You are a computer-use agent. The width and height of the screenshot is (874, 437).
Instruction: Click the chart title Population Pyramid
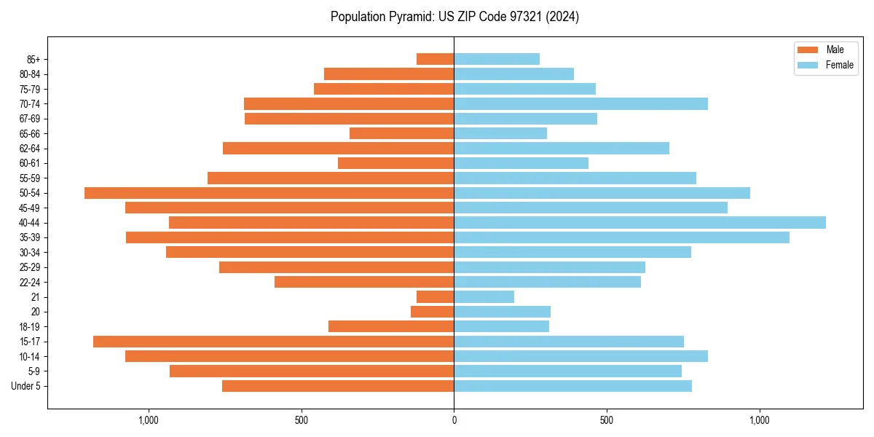tap(454, 17)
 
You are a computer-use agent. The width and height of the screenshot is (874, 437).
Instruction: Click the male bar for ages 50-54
tap(269, 193)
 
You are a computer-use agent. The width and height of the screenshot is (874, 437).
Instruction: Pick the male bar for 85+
tap(435, 59)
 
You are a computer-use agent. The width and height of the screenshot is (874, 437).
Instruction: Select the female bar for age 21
tap(484, 297)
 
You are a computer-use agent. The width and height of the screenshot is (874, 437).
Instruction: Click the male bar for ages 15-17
tap(273, 342)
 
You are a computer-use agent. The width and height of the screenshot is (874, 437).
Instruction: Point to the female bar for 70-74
tap(580, 104)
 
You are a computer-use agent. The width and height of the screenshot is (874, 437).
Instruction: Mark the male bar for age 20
tap(432, 312)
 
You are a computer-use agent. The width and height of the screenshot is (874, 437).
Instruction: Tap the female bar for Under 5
tap(572, 386)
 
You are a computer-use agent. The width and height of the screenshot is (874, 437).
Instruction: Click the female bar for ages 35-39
tap(621, 237)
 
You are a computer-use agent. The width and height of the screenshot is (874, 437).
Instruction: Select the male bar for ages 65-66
tap(401, 133)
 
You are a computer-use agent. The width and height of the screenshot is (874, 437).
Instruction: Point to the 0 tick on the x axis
tap(454, 420)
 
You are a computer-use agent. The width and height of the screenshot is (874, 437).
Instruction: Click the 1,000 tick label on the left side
tap(149, 420)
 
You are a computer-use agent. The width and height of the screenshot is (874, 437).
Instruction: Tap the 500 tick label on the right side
tap(606, 420)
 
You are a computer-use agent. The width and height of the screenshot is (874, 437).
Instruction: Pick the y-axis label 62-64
tap(29, 149)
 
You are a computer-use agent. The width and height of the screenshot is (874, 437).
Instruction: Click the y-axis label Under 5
tap(25, 386)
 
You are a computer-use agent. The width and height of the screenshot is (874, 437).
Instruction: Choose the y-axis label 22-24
tap(29, 283)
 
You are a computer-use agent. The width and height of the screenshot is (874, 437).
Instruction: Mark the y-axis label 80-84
tap(29, 74)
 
